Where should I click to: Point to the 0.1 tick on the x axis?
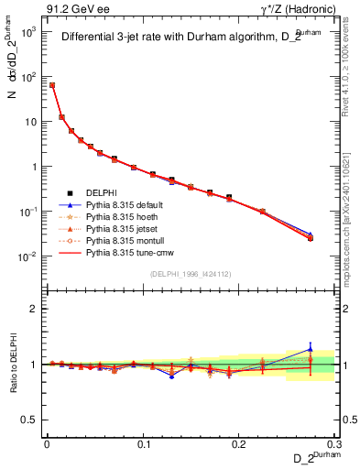click(143, 444)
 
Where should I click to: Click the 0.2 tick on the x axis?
click(239, 444)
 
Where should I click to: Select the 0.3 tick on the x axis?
click(334, 444)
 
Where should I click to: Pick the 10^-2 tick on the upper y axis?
click(30, 257)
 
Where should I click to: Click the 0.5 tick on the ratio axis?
click(32, 420)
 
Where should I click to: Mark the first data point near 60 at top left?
click(52, 85)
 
